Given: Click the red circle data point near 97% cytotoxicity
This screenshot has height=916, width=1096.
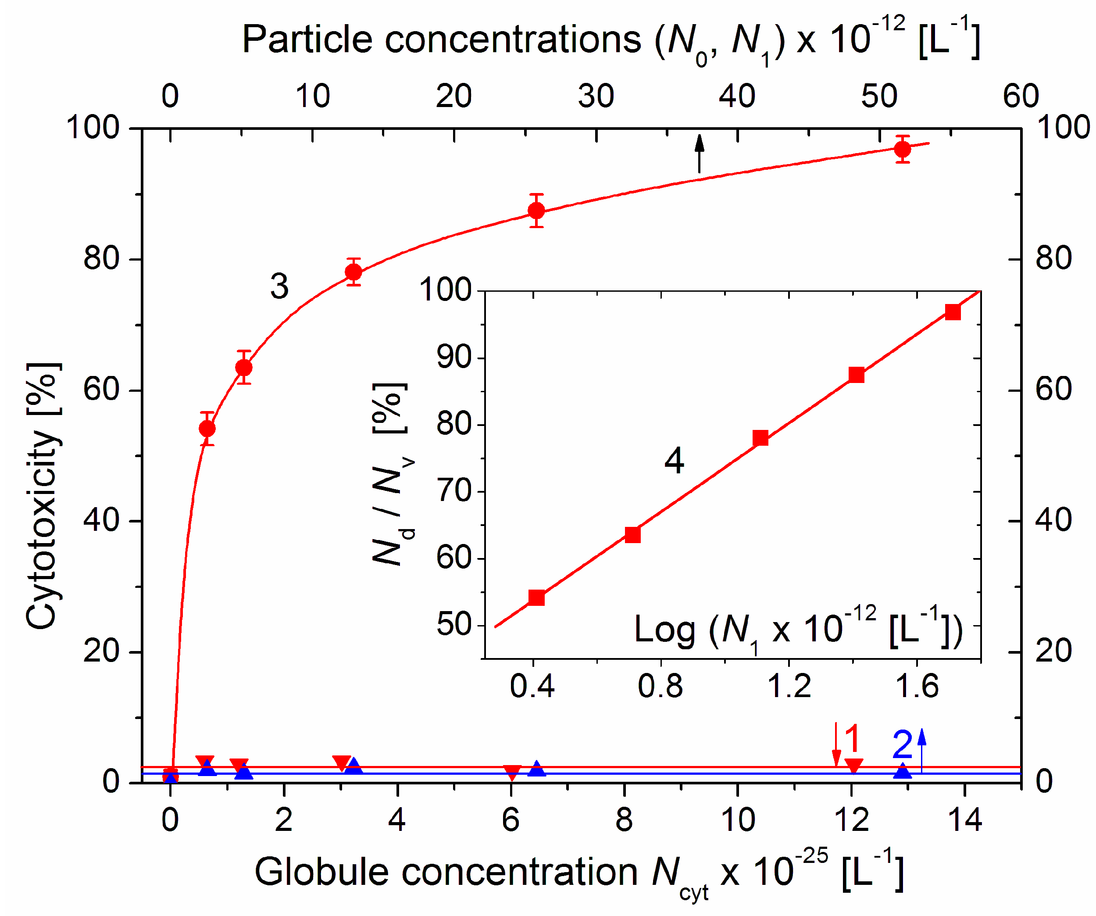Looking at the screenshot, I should click(903, 150).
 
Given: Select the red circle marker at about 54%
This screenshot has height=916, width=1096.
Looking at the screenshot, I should click(207, 429).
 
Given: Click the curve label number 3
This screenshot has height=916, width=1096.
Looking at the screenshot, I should click(280, 286).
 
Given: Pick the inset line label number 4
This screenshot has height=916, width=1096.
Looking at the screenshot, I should click(674, 462).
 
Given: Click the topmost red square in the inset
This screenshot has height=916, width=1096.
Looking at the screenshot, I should click(953, 312).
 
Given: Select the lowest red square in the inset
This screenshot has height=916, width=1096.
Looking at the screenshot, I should click(536, 598).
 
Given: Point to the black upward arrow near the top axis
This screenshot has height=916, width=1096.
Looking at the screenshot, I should click(700, 154).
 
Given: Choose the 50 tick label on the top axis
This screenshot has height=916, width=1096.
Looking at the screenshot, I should click(879, 97).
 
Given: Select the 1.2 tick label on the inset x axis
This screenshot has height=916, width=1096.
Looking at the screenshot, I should click(789, 687).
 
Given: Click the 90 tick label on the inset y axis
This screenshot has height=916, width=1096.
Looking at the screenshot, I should click(453, 358).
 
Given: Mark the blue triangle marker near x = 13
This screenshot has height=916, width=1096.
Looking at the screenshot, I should click(903, 771).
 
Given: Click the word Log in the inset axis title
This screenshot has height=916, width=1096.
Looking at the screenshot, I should click(664, 630).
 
